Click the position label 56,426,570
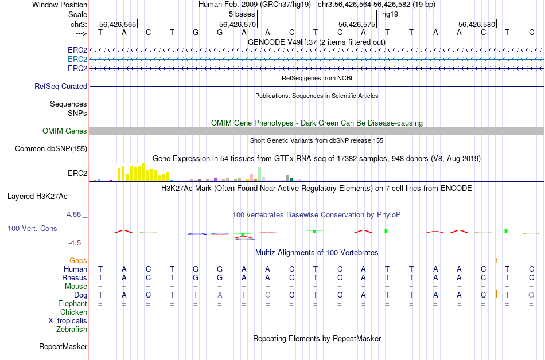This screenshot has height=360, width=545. click(x=238, y=24)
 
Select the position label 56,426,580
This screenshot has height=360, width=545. click(x=476, y=24)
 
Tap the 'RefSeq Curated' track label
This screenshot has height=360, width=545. click(x=61, y=86)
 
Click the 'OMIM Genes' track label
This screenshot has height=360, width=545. click(x=65, y=131)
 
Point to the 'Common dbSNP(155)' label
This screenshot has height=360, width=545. click(x=51, y=148)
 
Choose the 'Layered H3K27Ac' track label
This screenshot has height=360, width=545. click(x=37, y=196)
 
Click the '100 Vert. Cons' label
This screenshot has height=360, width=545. click(x=32, y=228)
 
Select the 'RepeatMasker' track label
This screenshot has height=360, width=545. click(x=63, y=346)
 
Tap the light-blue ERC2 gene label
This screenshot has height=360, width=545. click(x=77, y=59)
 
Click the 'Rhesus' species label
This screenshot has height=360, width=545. click(x=75, y=277)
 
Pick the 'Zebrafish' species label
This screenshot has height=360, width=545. click(x=72, y=329)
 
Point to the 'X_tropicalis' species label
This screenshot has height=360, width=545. click(x=68, y=320)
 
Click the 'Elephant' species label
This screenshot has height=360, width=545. click(x=73, y=303)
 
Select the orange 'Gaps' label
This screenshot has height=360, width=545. click(x=79, y=260)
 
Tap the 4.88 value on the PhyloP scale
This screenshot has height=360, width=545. click(x=75, y=214)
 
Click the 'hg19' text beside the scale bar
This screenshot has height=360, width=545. click(x=390, y=13)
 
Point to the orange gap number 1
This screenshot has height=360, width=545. click(x=496, y=260)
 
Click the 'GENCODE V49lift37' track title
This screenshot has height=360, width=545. click(x=316, y=42)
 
